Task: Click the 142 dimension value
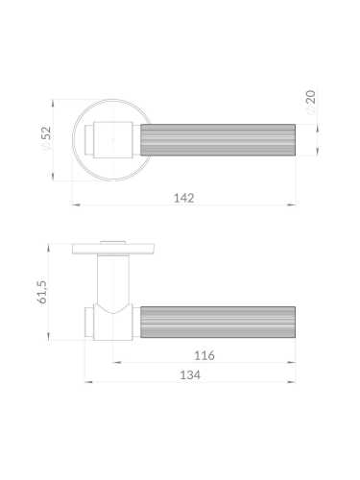184,198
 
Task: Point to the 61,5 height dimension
41,292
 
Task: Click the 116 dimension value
204,355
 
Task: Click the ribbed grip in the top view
218,139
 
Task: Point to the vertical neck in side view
111,283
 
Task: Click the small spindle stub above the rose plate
113,239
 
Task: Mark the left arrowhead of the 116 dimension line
114,362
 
